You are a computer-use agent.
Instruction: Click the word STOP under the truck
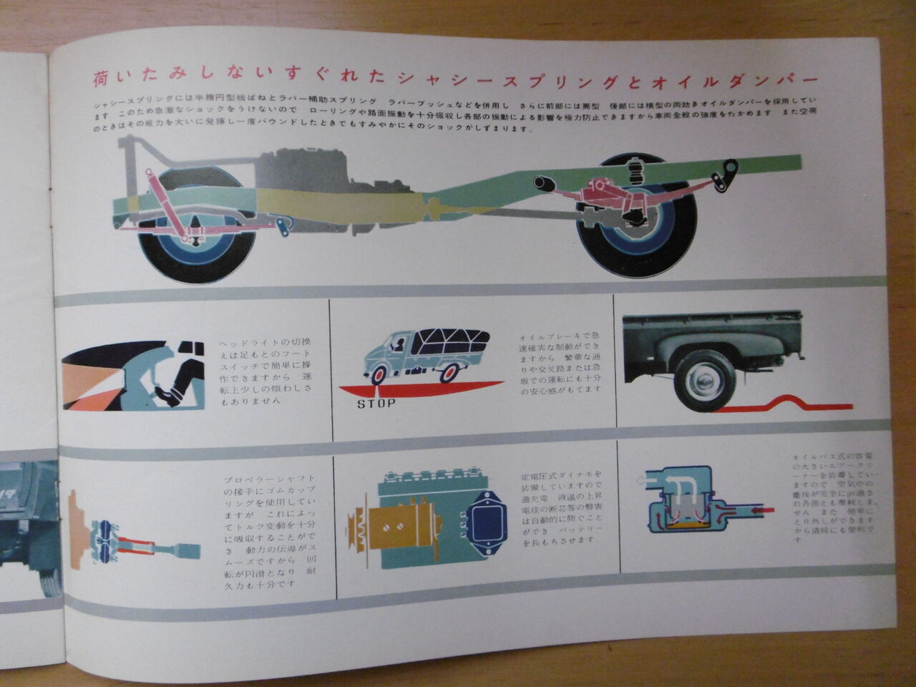pyautogui.click(x=375, y=404)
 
